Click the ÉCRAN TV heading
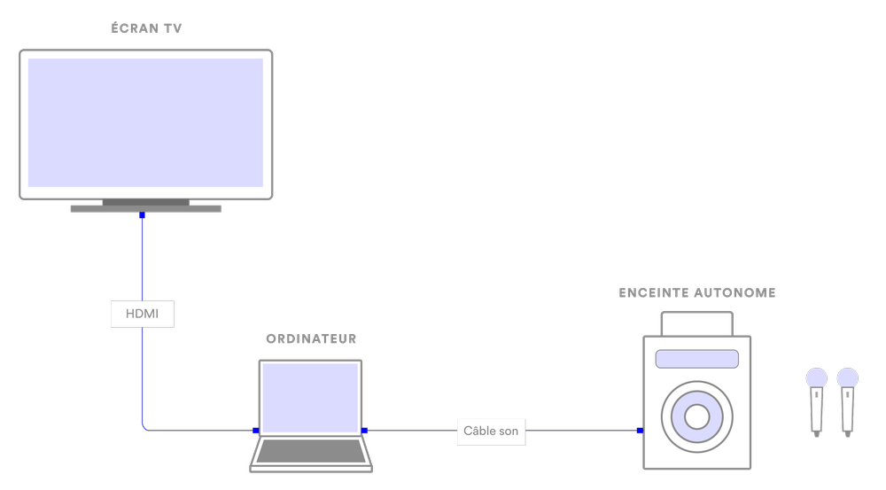[x=146, y=29]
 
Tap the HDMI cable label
[x=143, y=314]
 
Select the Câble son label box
[x=491, y=432]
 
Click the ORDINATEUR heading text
[x=311, y=339]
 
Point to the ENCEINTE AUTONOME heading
[x=696, y=293]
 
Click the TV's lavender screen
[x=146, y=122]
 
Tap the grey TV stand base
[x=146, y=209]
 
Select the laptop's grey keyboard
[x=310, y=451]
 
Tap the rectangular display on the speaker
[x=696, y=359]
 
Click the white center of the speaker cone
[x=696, y=415]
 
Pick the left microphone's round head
[x=816, y=378]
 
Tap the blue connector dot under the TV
[x=142, y=215]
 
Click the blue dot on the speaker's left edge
[x=641, y=432]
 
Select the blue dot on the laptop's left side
[x=255, y=431]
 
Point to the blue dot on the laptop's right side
[x=364, y=431]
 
